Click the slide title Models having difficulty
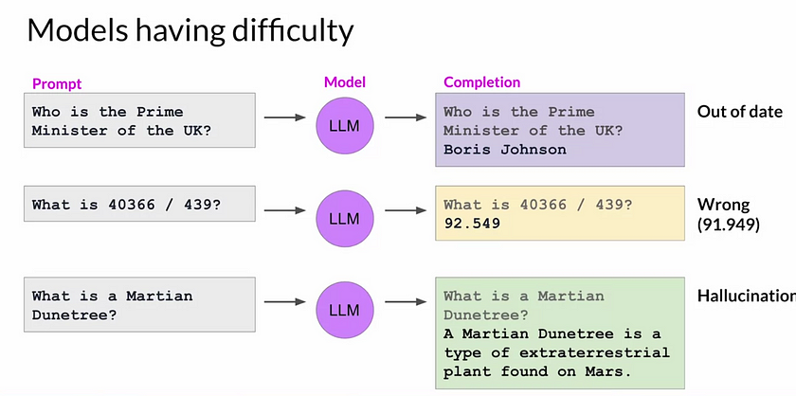pos(190,30)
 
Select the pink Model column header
pos(345,83)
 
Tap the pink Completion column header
pos(482,83)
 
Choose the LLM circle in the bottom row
pos(345,310)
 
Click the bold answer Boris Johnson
pos(504,150)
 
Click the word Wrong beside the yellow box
pos(723,205)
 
